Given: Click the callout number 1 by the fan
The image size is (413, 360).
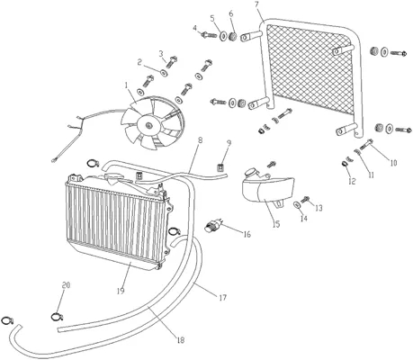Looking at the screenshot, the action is (127, 85).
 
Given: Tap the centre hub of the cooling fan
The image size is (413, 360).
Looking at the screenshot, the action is (148, 125).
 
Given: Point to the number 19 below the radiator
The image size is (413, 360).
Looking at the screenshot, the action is (121, 291).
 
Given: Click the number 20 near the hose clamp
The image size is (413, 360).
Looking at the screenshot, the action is (66, 285).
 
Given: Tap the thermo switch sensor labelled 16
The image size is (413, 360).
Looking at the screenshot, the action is (213, 224).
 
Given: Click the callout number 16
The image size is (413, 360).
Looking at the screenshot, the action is (247, 234).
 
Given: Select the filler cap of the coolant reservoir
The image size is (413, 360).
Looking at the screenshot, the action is (250, 173).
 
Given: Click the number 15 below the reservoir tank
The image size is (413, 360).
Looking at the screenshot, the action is (276, 224).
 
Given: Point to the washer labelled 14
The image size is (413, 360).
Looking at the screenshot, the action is (297, 205).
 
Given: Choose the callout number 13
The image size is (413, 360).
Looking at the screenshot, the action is (319, 208).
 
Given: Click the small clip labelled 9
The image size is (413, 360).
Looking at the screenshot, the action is (220, 166).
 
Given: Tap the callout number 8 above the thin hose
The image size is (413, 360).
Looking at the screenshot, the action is (200, 140).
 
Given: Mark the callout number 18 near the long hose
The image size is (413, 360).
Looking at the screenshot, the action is (181, 340).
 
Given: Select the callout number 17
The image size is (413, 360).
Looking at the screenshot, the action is (222, 298).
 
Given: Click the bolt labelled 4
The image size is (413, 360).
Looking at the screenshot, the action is (209, 35).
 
